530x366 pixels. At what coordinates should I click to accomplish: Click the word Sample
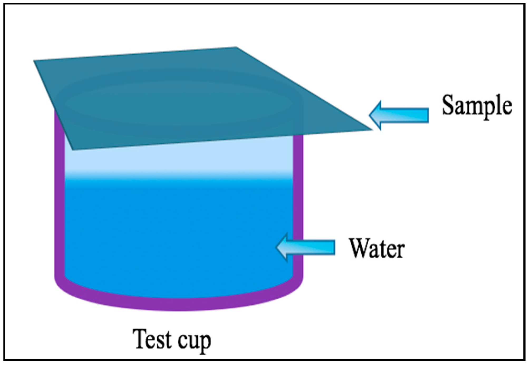(x=477, y=106)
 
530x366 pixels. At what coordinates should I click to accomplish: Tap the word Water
(x=377, y=248)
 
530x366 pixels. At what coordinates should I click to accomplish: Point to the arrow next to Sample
(x=399, y=115)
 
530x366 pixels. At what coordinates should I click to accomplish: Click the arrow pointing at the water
(x=306, y=247)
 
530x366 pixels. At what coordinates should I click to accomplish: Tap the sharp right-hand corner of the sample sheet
(x=372, y=129)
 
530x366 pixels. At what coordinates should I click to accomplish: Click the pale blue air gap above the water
(x=179, y=158)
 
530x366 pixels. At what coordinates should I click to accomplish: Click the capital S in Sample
(x=449, y=105)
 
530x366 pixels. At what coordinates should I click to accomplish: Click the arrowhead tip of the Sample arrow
(x=369, y=115)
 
